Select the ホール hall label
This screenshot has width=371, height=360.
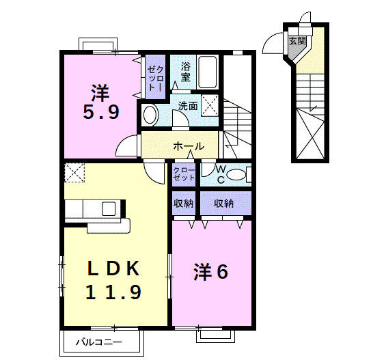click(x=188, y=146)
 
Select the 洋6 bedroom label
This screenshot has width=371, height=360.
click(x=210, y=271)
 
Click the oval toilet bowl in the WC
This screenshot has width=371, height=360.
click(x=236, y=175)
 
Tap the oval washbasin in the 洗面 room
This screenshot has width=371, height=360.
click(x=150, y=115)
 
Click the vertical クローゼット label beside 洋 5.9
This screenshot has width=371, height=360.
click(x=155, y=77)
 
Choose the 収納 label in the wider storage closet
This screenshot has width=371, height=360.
click(x=224, y=203)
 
